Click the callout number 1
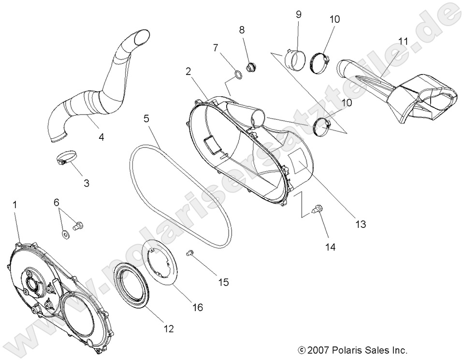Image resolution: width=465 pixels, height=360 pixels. (x=15, y=205)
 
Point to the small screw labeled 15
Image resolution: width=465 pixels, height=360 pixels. (x=190, y=252)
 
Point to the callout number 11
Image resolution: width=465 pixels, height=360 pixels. (x=404, y=41)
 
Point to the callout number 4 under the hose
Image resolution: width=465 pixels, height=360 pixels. (x=101, y=137)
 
